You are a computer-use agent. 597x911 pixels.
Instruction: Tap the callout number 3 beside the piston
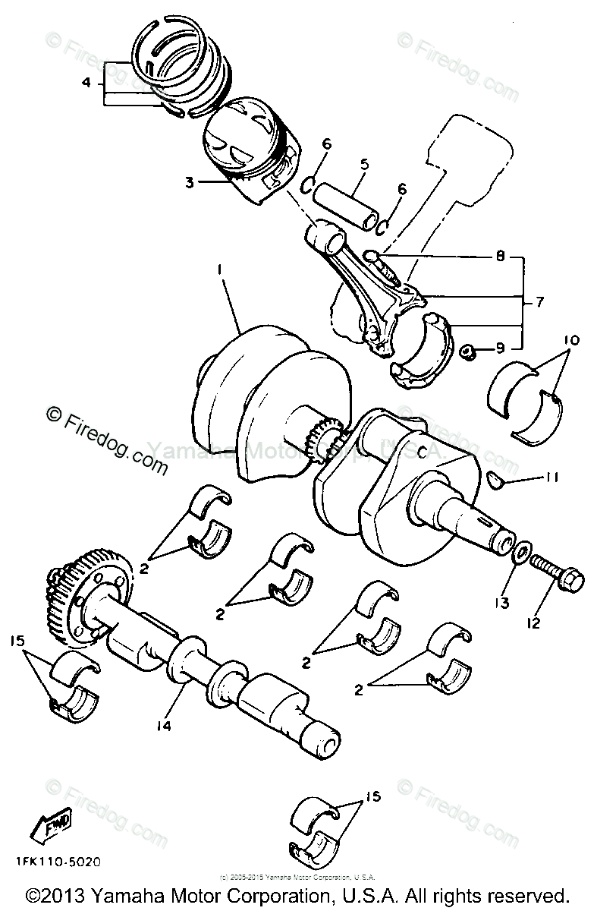tap(190, 182)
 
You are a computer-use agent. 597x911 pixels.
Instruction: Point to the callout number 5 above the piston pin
tap(364, 163)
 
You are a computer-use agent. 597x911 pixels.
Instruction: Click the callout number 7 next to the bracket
tap(539, 302)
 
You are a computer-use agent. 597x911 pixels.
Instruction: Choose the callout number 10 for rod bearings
tap(571, 341)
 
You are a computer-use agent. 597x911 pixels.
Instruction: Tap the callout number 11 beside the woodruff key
tap(551, 478)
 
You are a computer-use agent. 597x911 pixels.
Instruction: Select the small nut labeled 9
tap(468, 351)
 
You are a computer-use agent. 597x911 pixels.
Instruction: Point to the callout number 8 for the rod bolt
tap(500, 257)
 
